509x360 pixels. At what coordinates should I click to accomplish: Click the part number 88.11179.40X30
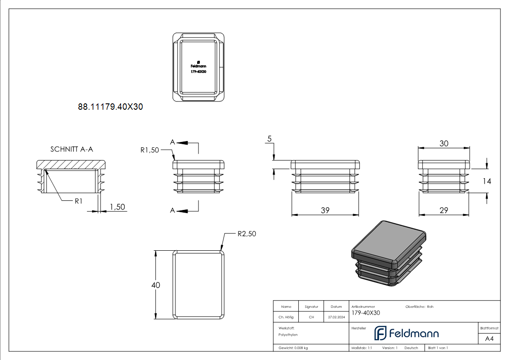[111, 107]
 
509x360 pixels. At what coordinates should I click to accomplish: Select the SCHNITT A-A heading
[72, 149]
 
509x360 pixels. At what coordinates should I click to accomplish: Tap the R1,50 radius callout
[150, 150]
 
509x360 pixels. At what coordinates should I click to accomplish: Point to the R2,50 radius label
[247, 234]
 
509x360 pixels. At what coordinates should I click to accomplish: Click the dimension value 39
[325, 210]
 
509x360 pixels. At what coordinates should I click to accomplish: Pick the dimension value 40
[155, 285]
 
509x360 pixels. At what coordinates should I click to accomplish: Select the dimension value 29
[444, 210]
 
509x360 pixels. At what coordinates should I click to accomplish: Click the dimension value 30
[444, 143]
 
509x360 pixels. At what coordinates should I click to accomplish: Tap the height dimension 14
[486, 181]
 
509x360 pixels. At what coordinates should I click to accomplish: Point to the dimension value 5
[269, 139]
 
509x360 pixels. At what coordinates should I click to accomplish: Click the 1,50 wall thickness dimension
[117, 207]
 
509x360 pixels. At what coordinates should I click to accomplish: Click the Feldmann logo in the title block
[406, 333]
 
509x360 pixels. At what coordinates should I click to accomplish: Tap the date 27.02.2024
[336, 317]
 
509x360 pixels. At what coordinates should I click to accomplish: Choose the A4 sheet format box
[489, 339]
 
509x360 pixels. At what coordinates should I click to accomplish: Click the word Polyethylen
[288, 335]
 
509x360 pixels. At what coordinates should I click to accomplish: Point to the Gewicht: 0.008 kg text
[293, 348]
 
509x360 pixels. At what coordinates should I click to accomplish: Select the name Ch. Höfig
[286, 317]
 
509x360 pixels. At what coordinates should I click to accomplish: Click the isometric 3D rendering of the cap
[390, 254]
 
